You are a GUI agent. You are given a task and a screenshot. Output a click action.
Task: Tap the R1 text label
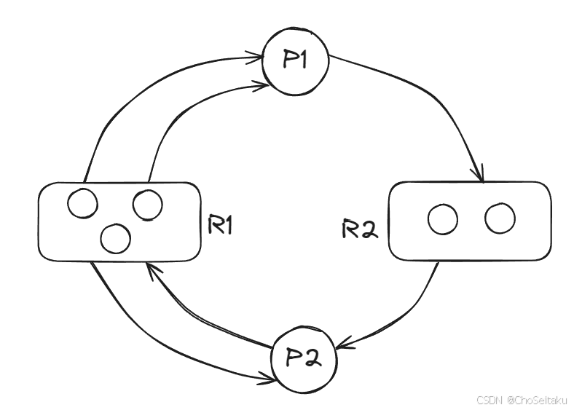219,225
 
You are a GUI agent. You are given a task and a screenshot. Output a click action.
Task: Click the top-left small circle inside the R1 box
82,202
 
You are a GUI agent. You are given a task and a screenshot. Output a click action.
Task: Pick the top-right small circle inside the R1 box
148,205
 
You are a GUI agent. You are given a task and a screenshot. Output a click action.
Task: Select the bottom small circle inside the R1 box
115,238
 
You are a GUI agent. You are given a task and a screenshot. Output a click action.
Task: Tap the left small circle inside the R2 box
443,219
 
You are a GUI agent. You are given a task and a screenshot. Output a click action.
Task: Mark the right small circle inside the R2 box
500,218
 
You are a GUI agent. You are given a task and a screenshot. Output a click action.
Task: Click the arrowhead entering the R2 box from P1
479,175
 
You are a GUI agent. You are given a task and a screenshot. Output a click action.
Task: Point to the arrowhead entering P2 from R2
344,343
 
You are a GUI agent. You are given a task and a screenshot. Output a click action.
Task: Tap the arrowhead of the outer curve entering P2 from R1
267,377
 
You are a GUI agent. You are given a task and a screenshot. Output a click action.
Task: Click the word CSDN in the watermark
488,400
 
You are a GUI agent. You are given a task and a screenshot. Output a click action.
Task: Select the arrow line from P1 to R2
430,95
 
